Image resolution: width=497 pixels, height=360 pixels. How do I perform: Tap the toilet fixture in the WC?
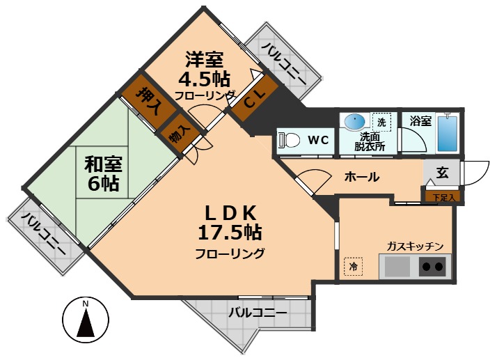tap(286, 140)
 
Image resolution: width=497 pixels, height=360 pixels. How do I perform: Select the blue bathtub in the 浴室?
tap(445, 134)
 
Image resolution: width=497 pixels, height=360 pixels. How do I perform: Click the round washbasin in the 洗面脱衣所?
tap(354, 120)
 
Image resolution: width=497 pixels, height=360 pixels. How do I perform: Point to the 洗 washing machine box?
tap(381, 121)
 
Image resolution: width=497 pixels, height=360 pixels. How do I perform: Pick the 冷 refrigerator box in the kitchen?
tap(353, 266)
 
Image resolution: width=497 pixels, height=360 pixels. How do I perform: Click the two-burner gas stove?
tap(432, 266)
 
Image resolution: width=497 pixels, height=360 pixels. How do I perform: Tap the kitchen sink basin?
tap(397, 266)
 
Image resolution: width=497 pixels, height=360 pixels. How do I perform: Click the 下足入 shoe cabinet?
tap(443, 198)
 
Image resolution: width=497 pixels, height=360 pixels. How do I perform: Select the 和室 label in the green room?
tap(103, 164)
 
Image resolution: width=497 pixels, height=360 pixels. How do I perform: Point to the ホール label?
tap(362, 177)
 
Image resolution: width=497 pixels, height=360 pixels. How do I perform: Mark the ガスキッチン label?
tap(416, 246)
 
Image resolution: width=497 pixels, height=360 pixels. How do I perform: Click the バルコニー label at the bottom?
tap(258, 313)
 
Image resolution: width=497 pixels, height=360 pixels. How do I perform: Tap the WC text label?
tap(318, 140)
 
